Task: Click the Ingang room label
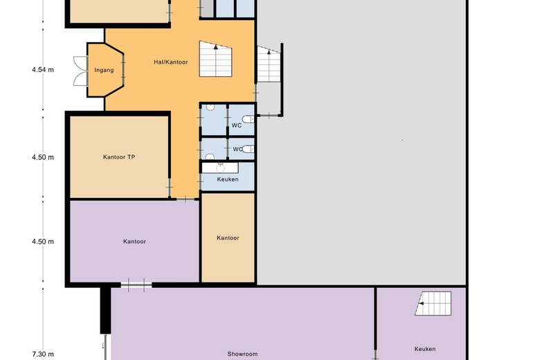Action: (x=104, y=71)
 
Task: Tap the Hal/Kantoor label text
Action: (x=171, y=62)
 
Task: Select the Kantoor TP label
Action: (x=119, y=157)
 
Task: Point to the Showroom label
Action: (x=242, y=354)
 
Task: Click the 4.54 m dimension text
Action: (x=43, y=70)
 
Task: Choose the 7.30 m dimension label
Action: (x=43, y=354)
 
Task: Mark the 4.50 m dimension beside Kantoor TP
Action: (x=43, y=157)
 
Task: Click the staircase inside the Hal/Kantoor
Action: (x=215, y=59)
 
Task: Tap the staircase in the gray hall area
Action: (x=269, y=64)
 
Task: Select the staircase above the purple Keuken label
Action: (x=433, y=303)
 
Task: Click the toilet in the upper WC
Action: (x=249, y=119)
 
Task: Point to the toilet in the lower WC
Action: (x=249, y=149)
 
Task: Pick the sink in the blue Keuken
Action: (x=220, y=168)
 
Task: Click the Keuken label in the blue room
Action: (x=228, y=179)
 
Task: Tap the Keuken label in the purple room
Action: (x=425, y=349)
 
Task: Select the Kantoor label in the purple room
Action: (x=135, y=242)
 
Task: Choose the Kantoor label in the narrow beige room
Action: (x=228, y=238)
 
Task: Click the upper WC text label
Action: (x=237, y=125)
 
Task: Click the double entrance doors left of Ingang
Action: (x=80, y=71)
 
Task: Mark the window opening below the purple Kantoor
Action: (x=136, y=285)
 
